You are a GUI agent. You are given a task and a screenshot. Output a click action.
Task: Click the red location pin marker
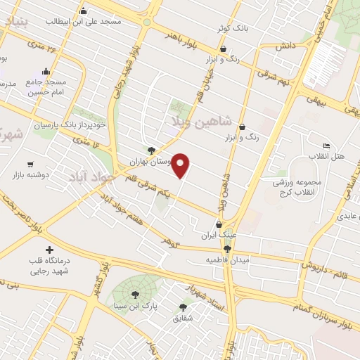click(181, 165)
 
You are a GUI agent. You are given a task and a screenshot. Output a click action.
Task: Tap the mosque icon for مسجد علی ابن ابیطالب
click(84, 11)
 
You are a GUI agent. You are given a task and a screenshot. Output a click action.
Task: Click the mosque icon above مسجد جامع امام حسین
click(46, 70)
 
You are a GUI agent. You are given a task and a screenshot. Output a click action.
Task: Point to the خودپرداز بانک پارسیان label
click(72, 124)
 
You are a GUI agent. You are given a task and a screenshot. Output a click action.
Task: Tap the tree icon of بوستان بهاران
click(151, 150)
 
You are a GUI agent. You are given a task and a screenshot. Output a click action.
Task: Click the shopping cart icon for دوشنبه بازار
click(30, 164)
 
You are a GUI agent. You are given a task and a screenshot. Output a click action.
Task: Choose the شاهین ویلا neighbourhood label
click(206, 121)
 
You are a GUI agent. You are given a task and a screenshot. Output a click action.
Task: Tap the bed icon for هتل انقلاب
click(326, 146)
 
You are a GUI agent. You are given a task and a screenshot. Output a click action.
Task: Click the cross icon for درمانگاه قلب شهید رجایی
click(49, 250)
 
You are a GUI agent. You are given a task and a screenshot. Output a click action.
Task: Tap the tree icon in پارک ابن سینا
click(134, 295)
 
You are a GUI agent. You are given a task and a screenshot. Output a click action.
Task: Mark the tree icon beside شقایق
click(183, 307)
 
